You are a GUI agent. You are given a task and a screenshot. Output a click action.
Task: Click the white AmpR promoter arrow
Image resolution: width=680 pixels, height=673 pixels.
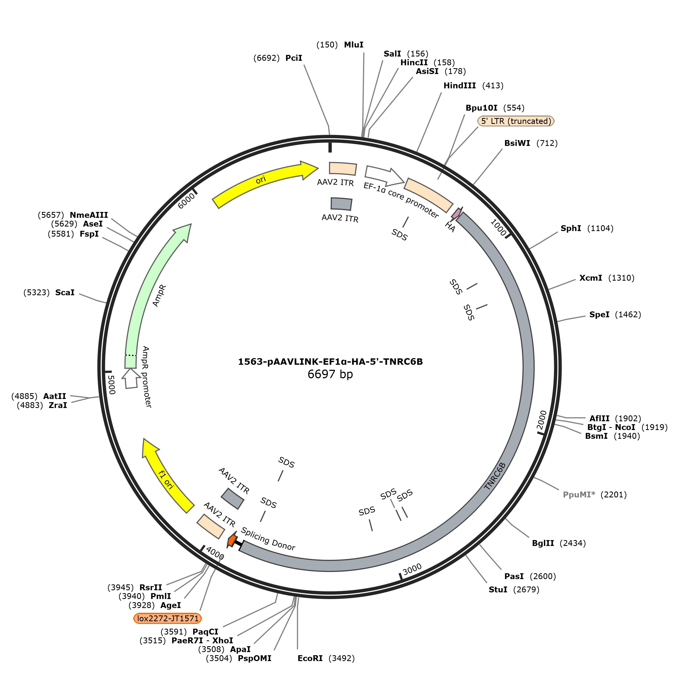131,378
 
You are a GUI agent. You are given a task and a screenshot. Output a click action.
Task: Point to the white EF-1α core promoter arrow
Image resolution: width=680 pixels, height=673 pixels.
384,175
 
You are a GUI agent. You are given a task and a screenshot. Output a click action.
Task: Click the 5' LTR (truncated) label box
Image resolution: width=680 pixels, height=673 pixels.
516,121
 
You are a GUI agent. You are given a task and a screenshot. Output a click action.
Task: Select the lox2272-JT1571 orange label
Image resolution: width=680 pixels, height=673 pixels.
167,618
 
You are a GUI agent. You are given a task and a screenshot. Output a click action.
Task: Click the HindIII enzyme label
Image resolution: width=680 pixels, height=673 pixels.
459,85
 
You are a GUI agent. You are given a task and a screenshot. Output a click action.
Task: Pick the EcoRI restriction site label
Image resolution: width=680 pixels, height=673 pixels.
310,658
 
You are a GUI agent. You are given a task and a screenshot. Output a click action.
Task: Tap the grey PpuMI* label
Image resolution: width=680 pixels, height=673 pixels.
579,495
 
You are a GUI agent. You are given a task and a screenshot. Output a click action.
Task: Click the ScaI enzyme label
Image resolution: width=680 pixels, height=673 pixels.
65,293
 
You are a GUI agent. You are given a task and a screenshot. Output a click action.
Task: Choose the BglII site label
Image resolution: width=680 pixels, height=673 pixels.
543,543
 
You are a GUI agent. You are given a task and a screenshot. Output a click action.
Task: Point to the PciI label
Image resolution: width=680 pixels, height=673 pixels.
294,58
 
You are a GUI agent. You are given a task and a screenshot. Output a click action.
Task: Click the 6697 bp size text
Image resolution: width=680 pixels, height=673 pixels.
330,374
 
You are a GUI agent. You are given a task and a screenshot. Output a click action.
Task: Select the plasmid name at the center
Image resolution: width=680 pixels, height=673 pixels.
330,362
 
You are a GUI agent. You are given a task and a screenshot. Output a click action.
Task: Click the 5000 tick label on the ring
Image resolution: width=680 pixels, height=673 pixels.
111,385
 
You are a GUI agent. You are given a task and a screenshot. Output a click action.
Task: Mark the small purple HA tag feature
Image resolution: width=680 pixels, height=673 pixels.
456,213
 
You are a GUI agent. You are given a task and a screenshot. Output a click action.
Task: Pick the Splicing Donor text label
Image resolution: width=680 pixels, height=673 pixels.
268,539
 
